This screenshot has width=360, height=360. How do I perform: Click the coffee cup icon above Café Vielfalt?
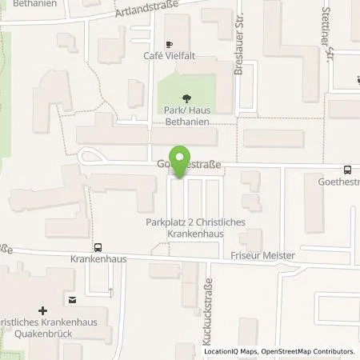169,44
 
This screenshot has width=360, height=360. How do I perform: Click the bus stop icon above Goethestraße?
346,170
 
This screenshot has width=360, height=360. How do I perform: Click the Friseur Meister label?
261,255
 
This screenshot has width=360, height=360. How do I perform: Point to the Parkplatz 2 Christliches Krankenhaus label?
185,227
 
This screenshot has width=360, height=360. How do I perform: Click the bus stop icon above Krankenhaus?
97,247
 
